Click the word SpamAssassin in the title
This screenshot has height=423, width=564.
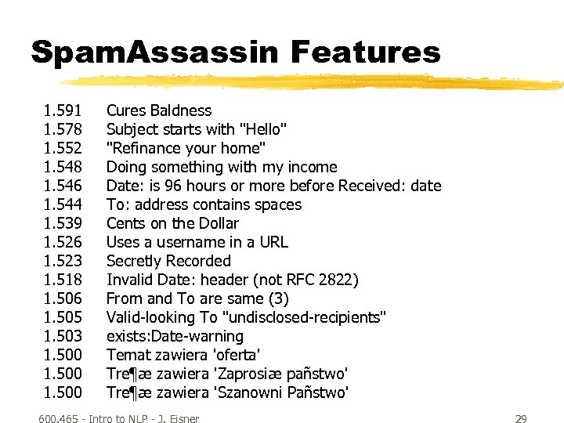coord(154,52)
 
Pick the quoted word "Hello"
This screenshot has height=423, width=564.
coord(262,129)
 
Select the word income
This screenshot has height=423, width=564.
coord(312,167)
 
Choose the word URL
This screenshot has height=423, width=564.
coord(273,242)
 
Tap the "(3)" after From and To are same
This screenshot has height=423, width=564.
coord(278,298)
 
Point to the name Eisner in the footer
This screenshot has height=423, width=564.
coord(181,419)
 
